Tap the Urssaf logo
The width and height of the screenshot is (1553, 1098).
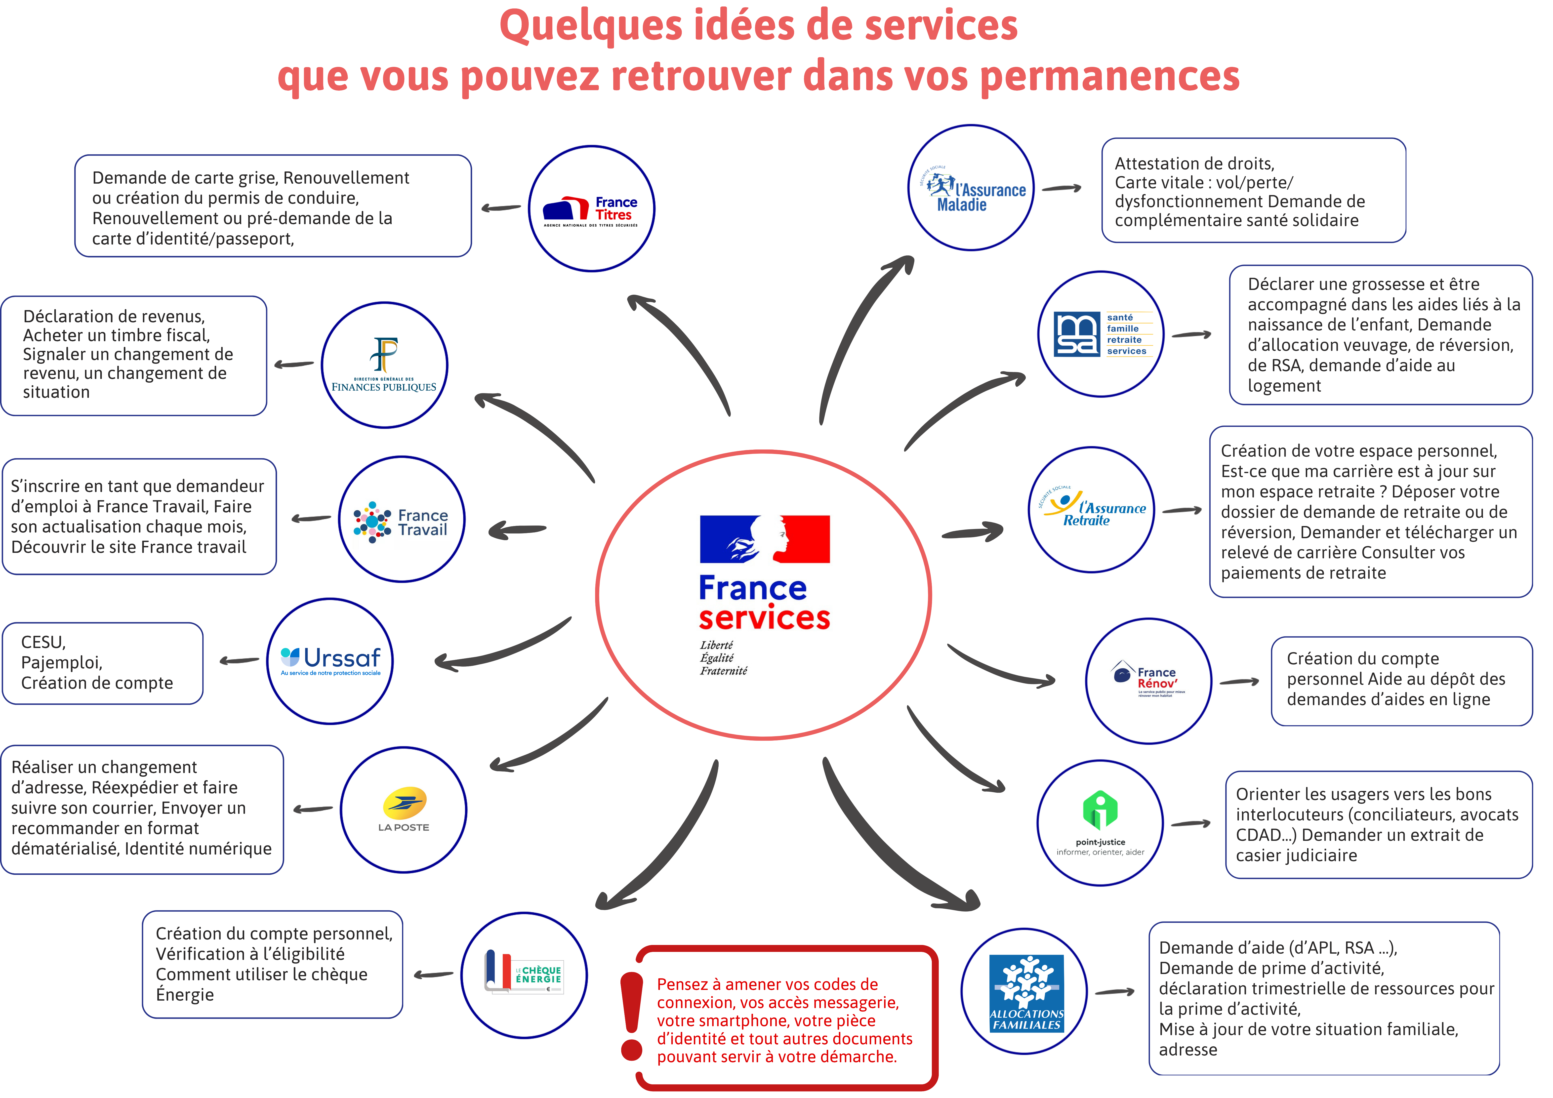330,661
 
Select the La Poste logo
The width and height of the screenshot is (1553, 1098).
404,810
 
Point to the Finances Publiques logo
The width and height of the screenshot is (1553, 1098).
384,365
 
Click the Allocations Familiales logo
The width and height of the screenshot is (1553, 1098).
1025,992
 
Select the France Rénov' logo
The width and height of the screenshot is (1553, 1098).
1148,681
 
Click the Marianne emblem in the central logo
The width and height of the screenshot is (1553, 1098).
765,539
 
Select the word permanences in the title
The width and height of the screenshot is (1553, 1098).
1109,76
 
